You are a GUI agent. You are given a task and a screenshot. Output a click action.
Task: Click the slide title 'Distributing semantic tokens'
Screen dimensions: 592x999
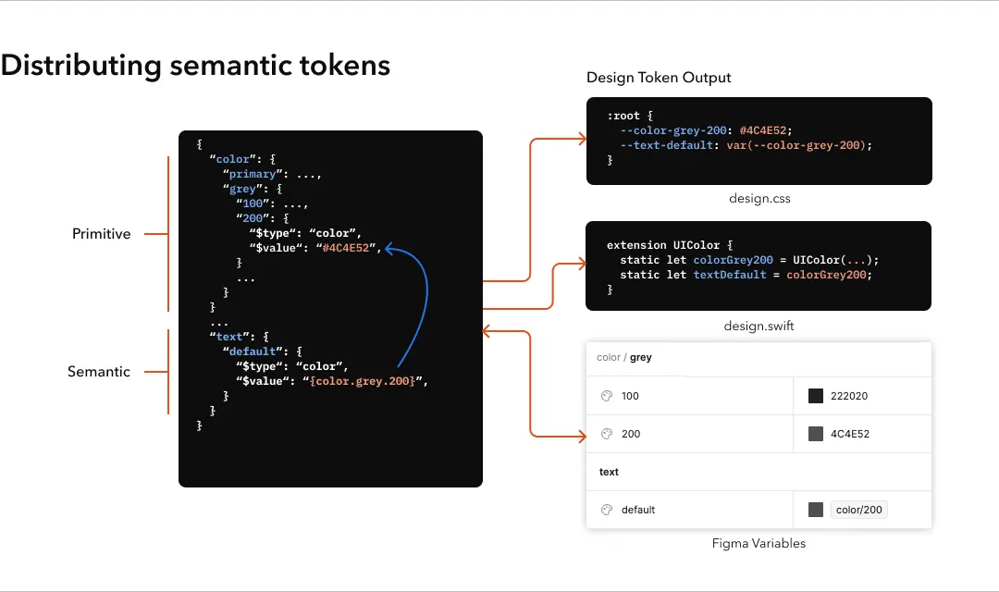(x=195, y=66)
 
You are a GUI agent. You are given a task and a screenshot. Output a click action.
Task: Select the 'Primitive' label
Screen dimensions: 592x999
(x=102, y=234)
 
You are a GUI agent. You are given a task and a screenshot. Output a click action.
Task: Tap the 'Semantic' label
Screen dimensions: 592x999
(x=99, y=372)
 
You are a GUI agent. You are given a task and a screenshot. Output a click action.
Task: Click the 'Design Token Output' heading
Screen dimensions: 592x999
(x=659, y=78)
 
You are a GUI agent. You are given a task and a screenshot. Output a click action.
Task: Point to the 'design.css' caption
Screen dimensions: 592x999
(x=759, y=199)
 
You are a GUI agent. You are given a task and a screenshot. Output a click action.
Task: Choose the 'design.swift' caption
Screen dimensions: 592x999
(x=758, y=327)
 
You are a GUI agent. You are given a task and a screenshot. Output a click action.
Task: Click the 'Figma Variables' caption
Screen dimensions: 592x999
(x=758, y=544)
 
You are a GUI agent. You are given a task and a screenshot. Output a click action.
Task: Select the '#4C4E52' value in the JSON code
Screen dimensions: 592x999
(x=349, y=248)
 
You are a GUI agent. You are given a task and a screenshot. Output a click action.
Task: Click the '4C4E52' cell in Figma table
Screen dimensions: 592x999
(x=849, y=434)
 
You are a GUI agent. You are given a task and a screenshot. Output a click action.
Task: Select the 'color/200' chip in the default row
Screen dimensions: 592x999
(x=859, y=510)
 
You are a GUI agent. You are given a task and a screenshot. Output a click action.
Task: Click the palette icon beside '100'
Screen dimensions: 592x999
(x=607, y=396)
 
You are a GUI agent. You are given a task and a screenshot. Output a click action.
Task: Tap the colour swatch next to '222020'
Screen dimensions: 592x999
(x=816, y=396)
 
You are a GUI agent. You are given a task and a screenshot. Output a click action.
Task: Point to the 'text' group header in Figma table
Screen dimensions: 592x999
(x=609, y=472)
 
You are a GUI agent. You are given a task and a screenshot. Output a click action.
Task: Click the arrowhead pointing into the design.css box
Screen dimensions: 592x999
(x=582, y=139)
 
